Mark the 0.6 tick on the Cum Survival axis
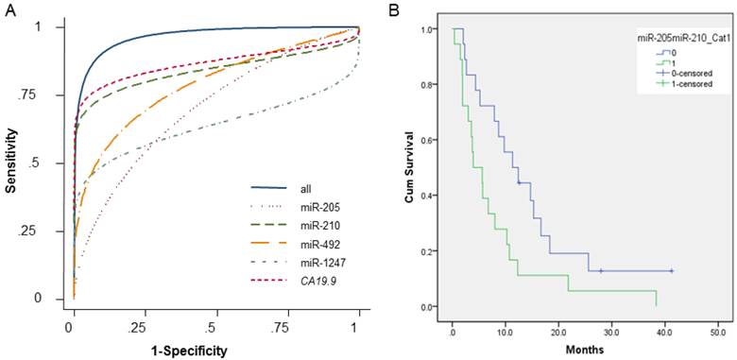click(432, 141)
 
